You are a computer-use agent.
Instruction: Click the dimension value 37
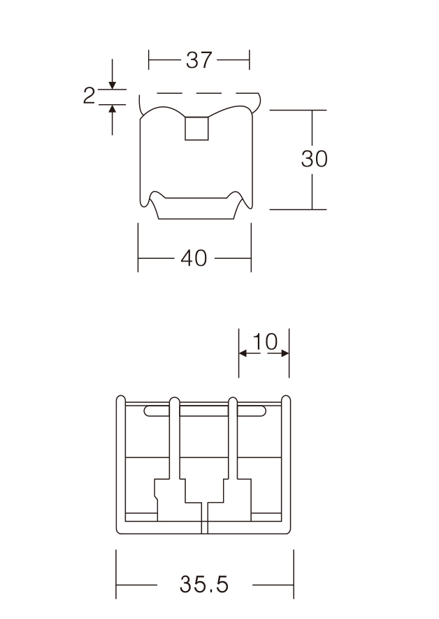coord(199,60)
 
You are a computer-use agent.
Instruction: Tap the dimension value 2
coord(89,96)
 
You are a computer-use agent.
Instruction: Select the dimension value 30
coord(315,159)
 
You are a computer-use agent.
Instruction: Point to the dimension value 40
coord(194,258)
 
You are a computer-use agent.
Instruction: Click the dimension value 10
coord(265,341)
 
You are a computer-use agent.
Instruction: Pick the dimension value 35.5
coord(204,584)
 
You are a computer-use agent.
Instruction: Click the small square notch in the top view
coord(197,128)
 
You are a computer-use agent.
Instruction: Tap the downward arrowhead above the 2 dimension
coord(113,85)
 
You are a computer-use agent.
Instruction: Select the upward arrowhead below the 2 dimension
coord(113,109)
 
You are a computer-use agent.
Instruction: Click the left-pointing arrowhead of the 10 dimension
coord(243,353)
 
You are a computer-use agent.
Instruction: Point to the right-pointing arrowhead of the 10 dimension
coord(285,353)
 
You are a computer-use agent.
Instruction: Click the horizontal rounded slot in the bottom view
coord(205,411)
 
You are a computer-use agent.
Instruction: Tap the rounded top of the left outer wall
coord(121,399)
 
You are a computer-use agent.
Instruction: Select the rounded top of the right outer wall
coord(286,399)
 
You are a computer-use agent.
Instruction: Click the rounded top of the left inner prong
coord(174,401)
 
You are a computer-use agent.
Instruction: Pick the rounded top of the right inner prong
coord(233,401)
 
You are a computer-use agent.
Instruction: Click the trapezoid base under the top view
coord(196,208)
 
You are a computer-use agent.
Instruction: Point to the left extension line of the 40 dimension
coord(138,248)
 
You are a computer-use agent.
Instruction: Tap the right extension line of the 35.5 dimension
coord(294,574)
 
